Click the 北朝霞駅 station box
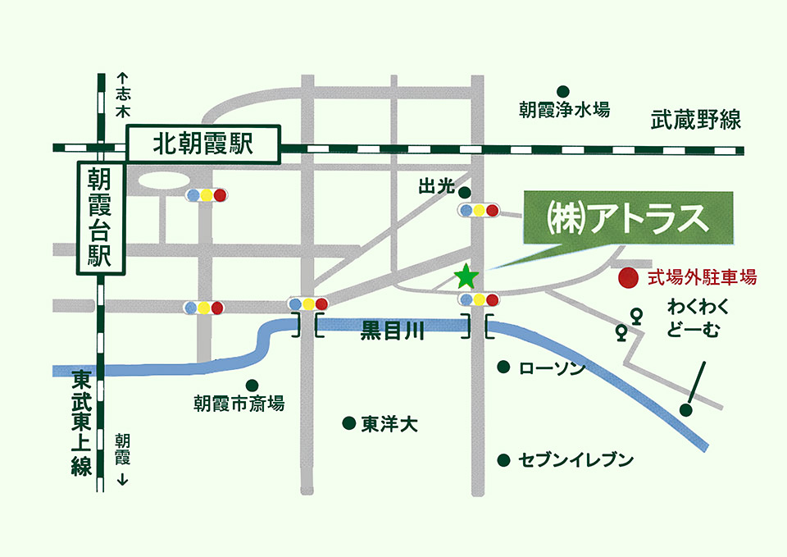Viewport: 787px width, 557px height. click(x=203, y=146)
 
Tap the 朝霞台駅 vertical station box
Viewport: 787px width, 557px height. click(x=99, y=217)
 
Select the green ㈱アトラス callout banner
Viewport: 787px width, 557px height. click(x=626, y=218)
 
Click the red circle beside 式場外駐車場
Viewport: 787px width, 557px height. click(x=628, y=278)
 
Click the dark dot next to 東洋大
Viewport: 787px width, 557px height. click(x=348, y=423)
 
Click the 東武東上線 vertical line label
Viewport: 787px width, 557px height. click(x=80, y=423)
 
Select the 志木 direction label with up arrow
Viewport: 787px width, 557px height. click(x=122, y=93)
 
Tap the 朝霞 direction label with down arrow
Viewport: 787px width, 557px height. click(x=122, y=459)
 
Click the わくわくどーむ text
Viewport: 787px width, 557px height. click(x=698, y=318)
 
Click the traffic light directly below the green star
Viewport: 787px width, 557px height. click(x=479, y=299)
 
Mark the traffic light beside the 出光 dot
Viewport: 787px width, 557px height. click(x=479, y=211)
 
